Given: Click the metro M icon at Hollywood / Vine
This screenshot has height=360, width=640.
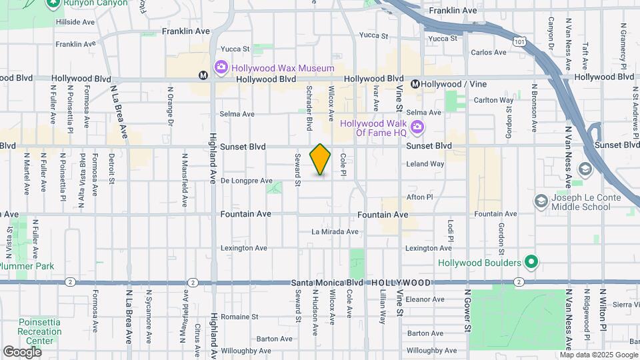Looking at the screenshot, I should (x=415, y=84).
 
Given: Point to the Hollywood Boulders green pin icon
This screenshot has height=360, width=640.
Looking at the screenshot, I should (x=531, y=263).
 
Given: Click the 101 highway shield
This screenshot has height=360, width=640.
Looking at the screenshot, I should (x=519, y=41).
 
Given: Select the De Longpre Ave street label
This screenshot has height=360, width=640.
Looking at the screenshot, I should (x=247, y=181).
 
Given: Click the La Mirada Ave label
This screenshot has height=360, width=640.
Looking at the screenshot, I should (x=335, y=232).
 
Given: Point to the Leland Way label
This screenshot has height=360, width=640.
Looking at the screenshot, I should (x=425, y=164).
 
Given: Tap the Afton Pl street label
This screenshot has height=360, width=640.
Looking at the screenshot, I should (x=420, y=197).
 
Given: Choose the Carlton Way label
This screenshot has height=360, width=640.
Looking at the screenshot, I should (x=493, y=100).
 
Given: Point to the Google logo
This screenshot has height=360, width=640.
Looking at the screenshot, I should (x=22, y=351).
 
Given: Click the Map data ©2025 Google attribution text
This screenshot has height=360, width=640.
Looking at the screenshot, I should (x=598, y=355).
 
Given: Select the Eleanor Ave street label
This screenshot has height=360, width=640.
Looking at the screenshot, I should (x=425, y=299).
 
